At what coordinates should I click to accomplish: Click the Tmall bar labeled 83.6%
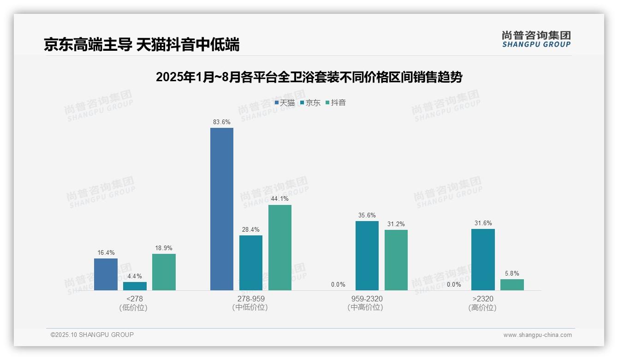point(222,209)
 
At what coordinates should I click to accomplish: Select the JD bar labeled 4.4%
point(135,286)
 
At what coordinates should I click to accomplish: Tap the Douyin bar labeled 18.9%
point(164,272)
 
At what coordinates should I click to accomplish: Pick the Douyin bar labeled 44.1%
point(280,247)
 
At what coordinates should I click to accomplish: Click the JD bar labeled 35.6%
point(367,256)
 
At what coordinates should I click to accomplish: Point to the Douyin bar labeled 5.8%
point(512,285)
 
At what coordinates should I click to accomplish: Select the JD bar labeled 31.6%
point(483,259)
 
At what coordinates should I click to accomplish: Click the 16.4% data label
point(106,253)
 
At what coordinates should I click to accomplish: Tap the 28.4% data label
point(251,230)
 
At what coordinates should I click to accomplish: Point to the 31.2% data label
point(396,224)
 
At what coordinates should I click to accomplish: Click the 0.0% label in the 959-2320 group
point(338,285)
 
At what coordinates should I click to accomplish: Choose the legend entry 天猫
point(285,103)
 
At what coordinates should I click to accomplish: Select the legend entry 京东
point(310,103)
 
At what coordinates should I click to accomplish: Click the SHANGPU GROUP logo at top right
point(536,39)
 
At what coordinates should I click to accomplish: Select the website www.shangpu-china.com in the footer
point(537,335)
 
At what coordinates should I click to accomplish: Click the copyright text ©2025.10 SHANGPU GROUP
point(92,335)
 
